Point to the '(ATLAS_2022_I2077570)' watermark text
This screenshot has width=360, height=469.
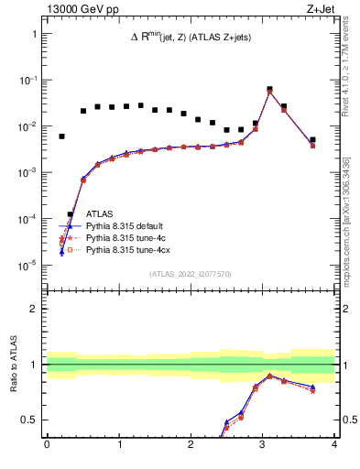tap(191, 273)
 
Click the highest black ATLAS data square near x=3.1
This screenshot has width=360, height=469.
tap(269, 90)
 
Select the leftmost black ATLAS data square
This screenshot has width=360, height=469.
tap(61, 136)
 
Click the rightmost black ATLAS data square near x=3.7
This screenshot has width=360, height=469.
tap(312, 140)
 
